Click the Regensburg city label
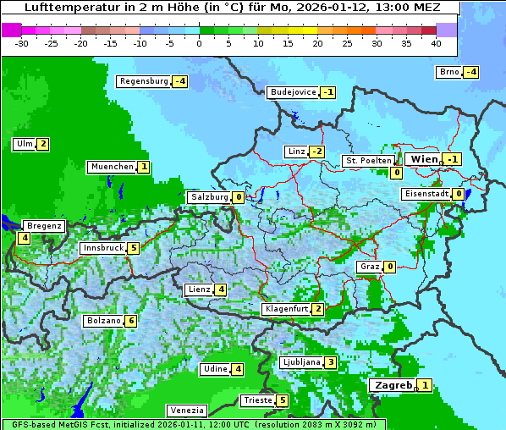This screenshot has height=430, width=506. [144, 81]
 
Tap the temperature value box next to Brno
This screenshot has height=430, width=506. [471, 72]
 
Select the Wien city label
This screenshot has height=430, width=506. [424, 159]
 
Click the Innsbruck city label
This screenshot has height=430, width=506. [102, 248]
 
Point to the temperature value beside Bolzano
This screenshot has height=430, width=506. [130, 321]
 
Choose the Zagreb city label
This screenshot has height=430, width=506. [393, 385]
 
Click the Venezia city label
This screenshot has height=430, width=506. [185, 411]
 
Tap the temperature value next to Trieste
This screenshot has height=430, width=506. [283, 400]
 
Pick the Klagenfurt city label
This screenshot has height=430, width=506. [286, 309]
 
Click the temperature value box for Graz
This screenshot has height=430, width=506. [390, 267]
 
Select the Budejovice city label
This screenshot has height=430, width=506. [293, 92]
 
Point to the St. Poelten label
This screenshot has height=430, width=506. [368, 160]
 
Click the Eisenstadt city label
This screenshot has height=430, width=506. [426, 194]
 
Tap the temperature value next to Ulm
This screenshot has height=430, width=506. [43, 144]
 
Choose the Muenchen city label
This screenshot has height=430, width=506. [112, 167]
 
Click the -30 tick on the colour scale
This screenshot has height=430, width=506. [22, 43]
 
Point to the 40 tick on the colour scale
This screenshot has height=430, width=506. [436, 43]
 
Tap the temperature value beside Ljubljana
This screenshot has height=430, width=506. [331, 362]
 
